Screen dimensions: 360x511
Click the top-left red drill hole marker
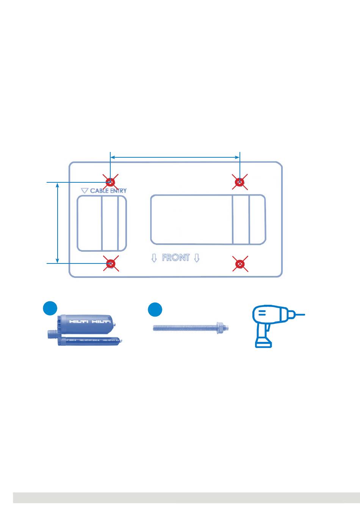[x=110, y=182]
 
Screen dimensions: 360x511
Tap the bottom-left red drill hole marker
[x=111, y=263]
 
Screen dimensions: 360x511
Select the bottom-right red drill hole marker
[x=240, y=263]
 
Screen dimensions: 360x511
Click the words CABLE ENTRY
[x=108, y=191]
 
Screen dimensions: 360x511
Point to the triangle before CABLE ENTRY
[x=85, y=191]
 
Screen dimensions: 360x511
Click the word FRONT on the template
[x=175, y=258]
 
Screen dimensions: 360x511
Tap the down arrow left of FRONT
[x=154, y=258]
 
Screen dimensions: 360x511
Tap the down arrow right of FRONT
[x=196, y=258]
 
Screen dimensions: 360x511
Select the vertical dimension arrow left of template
[x=58, y=223]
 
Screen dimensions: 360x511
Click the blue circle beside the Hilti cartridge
[x=50, y=309]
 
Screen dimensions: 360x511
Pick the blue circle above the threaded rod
[x=155, y=310]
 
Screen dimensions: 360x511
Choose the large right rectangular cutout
[x=208, y=219]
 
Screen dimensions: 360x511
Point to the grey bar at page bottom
[x=186, y=497]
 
